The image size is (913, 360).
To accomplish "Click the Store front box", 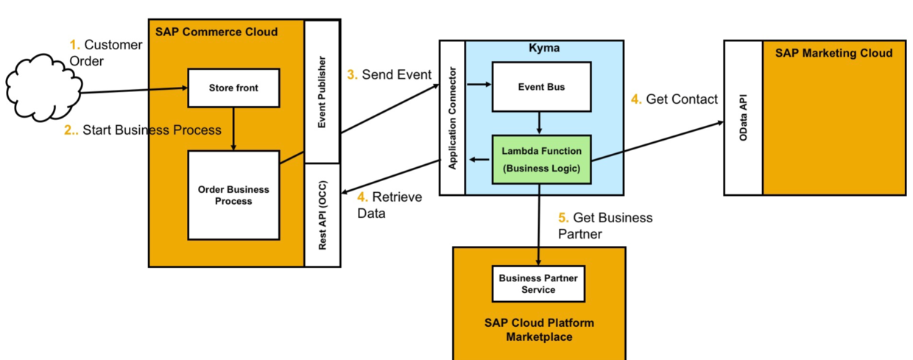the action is pos(233,88).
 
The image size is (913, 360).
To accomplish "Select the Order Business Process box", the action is pos(233,195).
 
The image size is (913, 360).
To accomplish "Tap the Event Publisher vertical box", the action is pos(322,92).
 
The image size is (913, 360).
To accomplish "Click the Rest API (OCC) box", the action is pos(322,215).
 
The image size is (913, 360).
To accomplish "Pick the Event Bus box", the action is pos(541,87).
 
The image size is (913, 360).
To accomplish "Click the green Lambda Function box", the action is pos(541,160).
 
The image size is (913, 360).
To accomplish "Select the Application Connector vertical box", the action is pos(452,118).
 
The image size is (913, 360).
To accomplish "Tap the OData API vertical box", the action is pos(744,118).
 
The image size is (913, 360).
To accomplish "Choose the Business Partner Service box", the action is pos(538,283).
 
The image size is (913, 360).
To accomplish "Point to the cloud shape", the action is pos(44,88).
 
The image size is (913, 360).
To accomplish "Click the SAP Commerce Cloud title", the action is pos(216,32).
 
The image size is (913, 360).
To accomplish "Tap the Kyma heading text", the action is pos(544,48).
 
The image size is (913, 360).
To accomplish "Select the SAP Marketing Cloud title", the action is pos(834,53).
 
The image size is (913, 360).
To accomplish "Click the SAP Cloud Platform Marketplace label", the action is pos(539,330).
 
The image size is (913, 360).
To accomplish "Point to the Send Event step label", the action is pos(389,74).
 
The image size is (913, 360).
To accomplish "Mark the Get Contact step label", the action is pos(674,99).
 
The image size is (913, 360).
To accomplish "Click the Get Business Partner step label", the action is pos(605,226).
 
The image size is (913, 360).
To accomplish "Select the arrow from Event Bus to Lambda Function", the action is pos(539,123).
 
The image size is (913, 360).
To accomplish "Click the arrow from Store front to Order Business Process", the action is pos(233,130).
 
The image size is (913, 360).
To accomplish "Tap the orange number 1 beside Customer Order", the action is pos(74,44).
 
